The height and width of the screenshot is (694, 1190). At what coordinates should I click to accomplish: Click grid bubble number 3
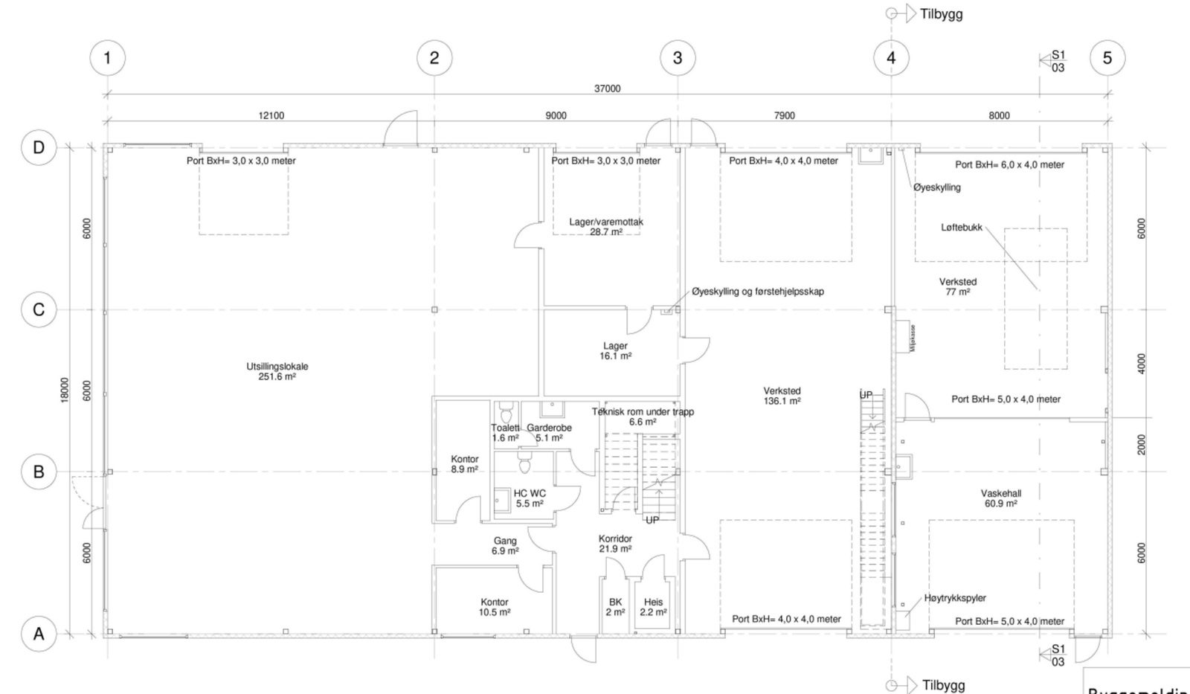(677, 57)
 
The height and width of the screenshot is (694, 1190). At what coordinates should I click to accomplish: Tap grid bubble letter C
(39, 309)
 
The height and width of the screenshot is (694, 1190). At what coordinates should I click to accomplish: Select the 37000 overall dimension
(607, 89)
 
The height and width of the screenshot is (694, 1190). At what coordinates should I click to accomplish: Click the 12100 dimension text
(271, 115)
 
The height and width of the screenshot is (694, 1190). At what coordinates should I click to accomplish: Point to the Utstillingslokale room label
(277, 371)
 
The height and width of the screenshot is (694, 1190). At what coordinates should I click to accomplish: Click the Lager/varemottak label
(605, 226)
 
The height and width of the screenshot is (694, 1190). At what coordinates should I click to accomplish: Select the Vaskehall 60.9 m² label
(1000, 498)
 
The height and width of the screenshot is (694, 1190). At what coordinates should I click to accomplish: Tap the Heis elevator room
(653, 607)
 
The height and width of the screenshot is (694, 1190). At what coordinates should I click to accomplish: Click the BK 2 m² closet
(615, 607)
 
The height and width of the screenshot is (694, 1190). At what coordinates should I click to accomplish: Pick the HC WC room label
(530, 498)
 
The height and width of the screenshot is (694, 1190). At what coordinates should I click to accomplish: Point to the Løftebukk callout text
(961, 228)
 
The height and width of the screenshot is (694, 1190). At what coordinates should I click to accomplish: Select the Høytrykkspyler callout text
(955, 598)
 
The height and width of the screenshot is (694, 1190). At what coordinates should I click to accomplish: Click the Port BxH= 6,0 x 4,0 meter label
(1009, 164)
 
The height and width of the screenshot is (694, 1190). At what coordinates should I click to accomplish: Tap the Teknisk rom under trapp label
(643, 416)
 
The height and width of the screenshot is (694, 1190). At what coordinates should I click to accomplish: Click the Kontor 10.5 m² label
(495, 607)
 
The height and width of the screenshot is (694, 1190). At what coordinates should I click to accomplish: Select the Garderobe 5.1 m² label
(549, 432)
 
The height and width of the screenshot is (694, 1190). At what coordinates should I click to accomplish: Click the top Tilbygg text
(941, 14)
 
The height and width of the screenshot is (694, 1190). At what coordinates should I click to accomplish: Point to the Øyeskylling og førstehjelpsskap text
(757, 292)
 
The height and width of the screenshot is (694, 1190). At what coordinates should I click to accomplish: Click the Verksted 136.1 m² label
(782, 396)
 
